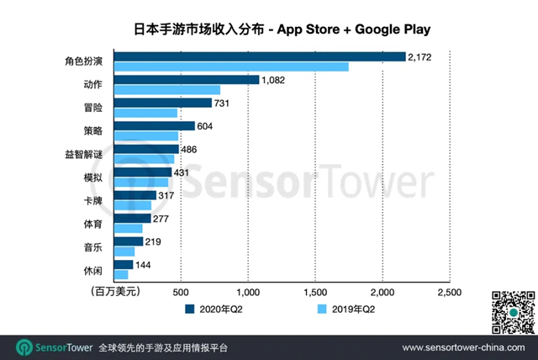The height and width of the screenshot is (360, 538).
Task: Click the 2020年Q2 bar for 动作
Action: coord(186,79)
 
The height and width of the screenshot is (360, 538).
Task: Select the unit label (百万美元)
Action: coord(112,292)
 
